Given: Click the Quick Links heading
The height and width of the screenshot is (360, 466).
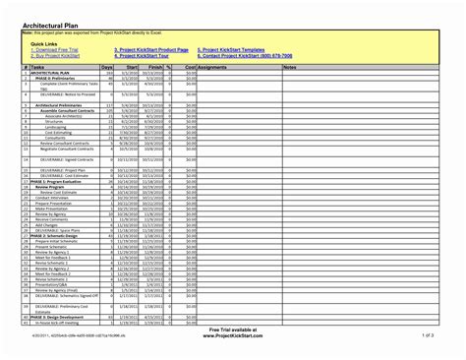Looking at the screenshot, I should tap(45, 42).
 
